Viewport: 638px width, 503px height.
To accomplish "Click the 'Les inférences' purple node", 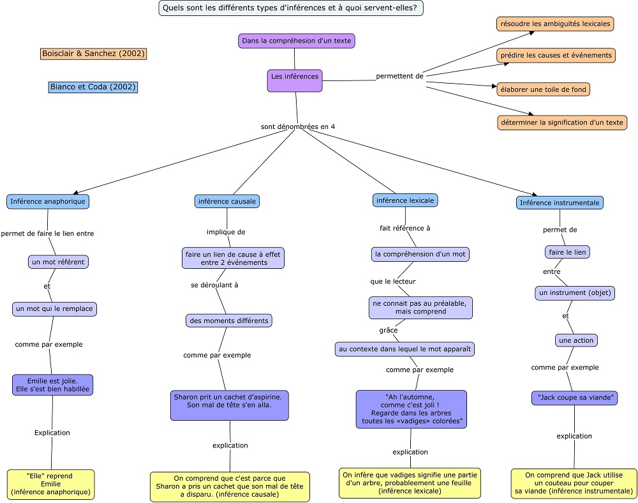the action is (x=295, y=80).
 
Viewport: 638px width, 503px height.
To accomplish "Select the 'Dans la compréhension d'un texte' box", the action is (x=296, y=41).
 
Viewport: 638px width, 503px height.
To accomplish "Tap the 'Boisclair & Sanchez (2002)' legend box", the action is (x=94, y=54).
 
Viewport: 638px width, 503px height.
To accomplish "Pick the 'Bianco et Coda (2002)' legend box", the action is (x=93, y=87).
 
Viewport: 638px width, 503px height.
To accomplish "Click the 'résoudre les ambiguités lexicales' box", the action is (x=555, y=24).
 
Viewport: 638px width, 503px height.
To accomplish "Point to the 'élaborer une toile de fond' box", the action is (x=543, y=89).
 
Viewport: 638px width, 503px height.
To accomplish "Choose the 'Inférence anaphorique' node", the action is (x=48, y=202).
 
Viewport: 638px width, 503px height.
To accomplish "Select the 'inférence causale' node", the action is (x=227, y=201).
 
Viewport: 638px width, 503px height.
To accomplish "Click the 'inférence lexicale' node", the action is (x=405, y=200).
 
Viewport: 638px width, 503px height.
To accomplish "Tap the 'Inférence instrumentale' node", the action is (x=560, y=202).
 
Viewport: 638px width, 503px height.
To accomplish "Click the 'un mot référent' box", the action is (x=58, y=262).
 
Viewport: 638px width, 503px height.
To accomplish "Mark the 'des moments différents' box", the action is (x=228, y=320).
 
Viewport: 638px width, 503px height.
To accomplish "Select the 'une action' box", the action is (x=576, y=340).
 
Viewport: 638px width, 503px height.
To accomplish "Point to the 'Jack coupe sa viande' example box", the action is (x=575, y=398).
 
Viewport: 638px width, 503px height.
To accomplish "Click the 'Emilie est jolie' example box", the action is (x=52, y=385).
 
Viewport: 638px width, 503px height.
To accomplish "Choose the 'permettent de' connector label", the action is (x=399, y=76).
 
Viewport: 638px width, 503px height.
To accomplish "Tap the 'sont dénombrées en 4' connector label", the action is (x=298, y=126).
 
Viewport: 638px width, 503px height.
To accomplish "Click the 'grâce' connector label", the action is (x=388, y=330).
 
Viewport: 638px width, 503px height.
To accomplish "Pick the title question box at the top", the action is (x=290, y=8).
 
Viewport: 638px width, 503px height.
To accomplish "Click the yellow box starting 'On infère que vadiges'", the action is (x=410, y=483).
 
